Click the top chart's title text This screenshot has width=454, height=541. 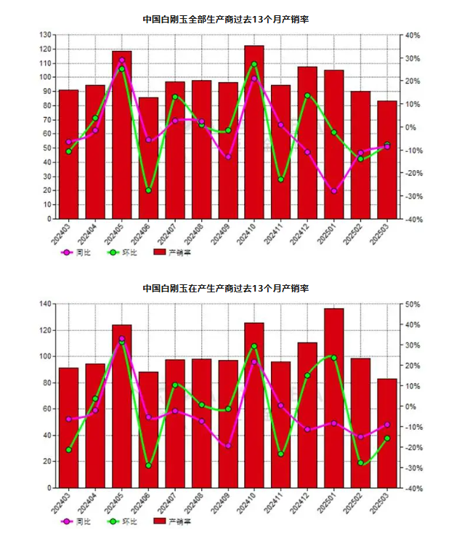[x=227, y=19]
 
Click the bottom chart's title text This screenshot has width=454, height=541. [x=227, y=289]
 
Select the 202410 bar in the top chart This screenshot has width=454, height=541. [x=254, y=132]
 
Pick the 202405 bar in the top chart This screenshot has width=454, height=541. [x=121, y=135]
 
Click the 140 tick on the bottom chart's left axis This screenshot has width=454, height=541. [x=44, y=304]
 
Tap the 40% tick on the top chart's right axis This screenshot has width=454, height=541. [x=413, y=35]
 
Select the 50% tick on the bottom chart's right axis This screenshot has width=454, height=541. [x=413, y=304]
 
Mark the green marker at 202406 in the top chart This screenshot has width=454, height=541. [x=148, y=191]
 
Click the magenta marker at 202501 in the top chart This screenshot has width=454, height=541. [x=334, y=191]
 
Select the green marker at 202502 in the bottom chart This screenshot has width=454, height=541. [x=360, y=463]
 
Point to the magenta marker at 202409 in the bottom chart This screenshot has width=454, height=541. [x=228, y=446]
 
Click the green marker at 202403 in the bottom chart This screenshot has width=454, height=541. [x=68, y=450]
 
